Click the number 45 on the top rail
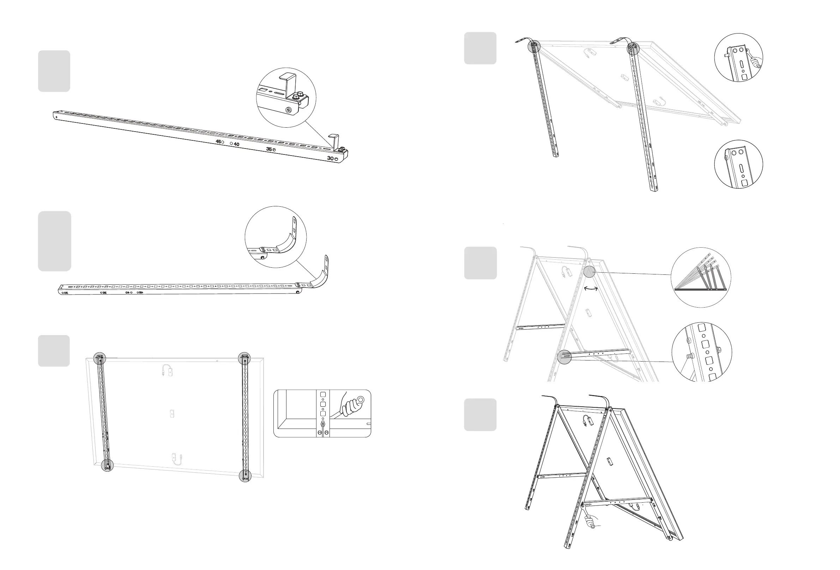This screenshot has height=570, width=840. pos(218,142)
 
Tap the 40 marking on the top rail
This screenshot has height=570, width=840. pos(236,144)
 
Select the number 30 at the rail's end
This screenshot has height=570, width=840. pos(330,158)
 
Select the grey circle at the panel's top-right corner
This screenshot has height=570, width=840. pos(244,358)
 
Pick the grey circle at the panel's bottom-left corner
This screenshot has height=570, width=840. pos(107,465)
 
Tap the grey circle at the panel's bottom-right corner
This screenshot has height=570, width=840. pos(245,476)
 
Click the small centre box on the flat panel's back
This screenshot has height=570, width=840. pos(173,413)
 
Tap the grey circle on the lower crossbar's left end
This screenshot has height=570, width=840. pos(564,357)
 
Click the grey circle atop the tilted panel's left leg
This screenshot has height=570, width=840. pos(534,46)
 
